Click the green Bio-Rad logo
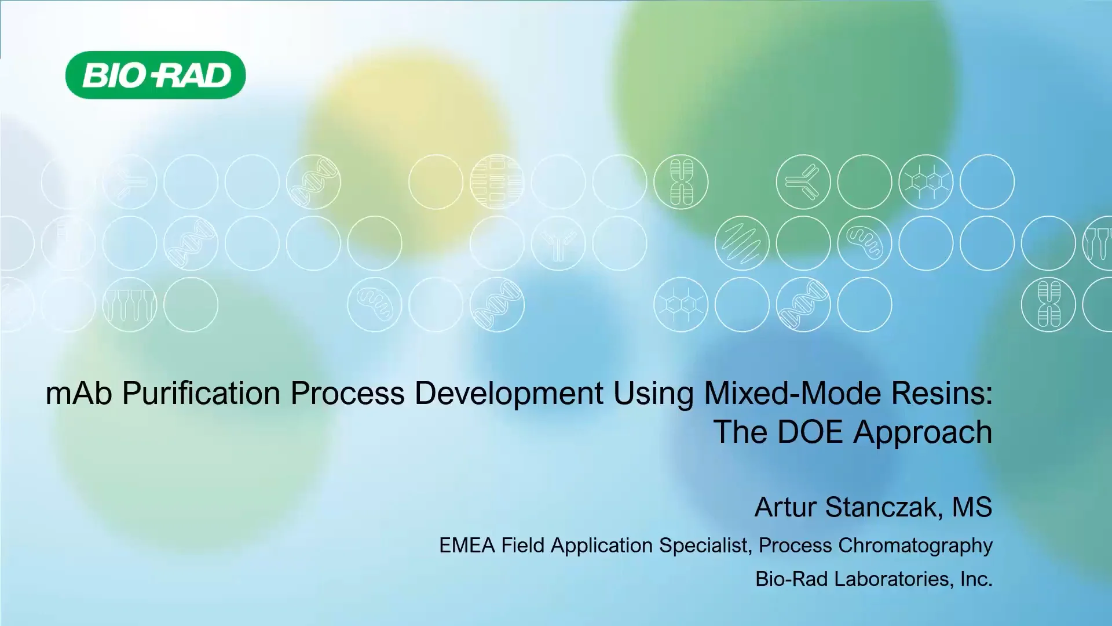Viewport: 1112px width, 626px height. (155, 75)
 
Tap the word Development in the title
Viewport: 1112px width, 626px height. (509, 394)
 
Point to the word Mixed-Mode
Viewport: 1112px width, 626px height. (792, 394)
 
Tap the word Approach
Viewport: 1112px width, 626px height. (922, 432)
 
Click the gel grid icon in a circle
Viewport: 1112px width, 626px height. (497, 182)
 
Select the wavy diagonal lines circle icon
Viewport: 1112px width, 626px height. (742, 243)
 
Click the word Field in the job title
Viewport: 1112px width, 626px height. (523, 545)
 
